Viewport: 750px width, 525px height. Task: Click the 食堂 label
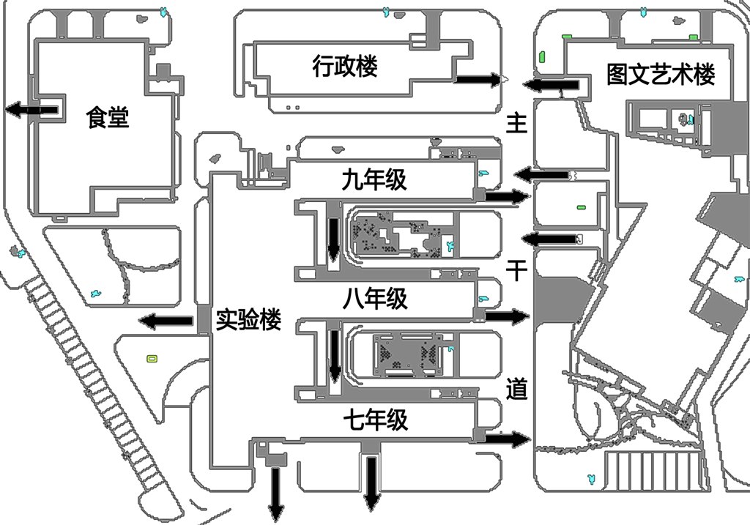pyautogui.click(x=108, y=117)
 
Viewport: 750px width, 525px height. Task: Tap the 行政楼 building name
pyautogui.click(x=344, y=67)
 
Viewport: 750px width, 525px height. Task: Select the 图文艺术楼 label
pyautogui.click(x=661, y=74)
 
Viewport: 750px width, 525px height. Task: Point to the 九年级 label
pyautogui.click(x=374, y=179)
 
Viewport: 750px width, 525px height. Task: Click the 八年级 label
pyautogui.click(x=375, y=299)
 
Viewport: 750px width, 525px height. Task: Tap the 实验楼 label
pyautogui.click(x=249, y=320)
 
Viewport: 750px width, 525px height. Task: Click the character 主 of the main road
pyautogui.click(x=517, y=124)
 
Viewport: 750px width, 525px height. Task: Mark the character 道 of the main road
pyautogui.click(x=517, y=389)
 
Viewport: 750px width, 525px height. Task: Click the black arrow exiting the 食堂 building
pyautogui.click(x=32, y=110)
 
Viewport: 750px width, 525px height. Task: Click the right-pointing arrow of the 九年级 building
pyautogui.click(x=506, y=196)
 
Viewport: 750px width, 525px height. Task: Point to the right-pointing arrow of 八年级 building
pyautogui.click(x=507, y=316)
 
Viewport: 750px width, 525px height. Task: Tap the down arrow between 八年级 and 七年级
pyautogui.click(x=335, y=356)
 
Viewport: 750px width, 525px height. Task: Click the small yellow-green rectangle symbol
pyautogui.click(x=152, y=358)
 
